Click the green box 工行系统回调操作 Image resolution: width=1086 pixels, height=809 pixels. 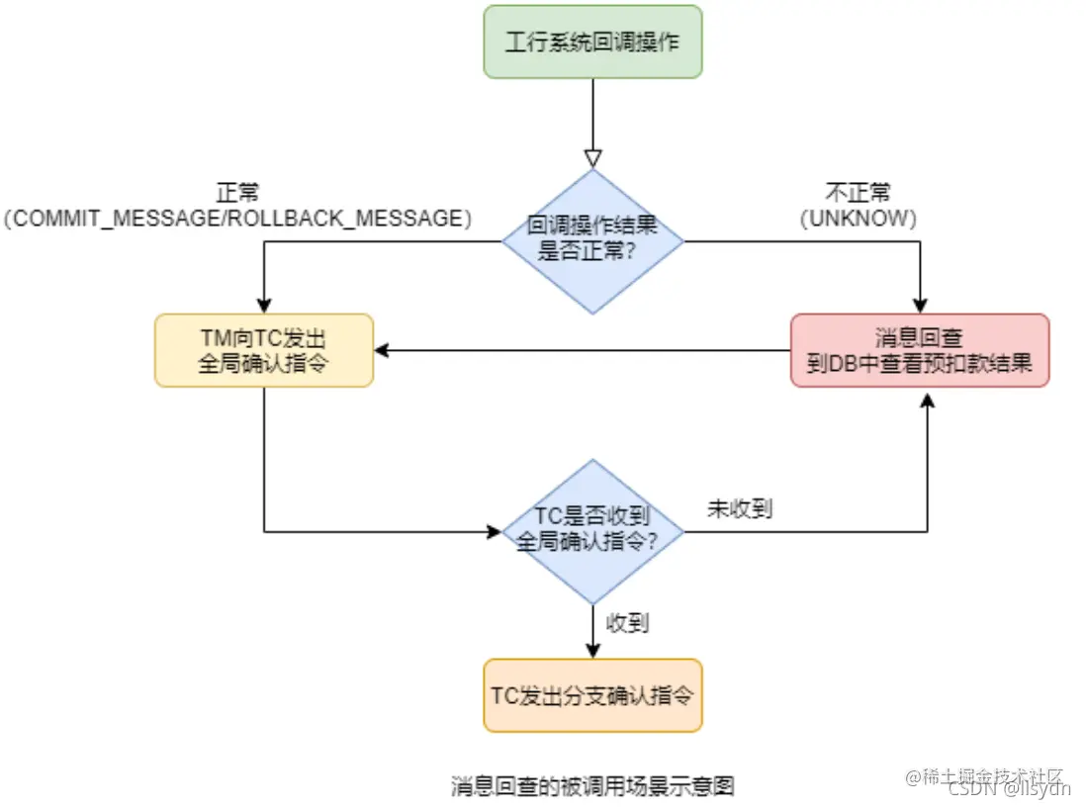[592, 43]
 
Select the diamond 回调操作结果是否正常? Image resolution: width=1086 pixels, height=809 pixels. [592, 240]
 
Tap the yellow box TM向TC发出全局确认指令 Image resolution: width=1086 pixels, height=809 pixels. [264, 350]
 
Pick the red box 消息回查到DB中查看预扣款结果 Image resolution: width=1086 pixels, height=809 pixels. [920, 350]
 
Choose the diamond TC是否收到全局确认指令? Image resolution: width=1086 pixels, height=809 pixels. [592, 531]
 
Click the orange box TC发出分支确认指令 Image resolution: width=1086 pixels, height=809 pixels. [592, 695]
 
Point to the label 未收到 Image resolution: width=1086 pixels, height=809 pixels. [740, 509]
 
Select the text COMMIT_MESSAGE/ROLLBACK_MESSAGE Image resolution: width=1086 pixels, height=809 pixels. [237, 219]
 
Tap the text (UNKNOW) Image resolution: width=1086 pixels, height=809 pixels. [858, 219]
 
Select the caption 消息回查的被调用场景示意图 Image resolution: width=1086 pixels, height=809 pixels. [592, 786]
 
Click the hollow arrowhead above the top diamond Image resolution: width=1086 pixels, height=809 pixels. [592, 158]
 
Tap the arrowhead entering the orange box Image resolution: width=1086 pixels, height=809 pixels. [592, 651]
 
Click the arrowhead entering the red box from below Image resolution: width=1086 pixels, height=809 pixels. [927, 396]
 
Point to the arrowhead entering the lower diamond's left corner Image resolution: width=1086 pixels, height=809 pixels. [495, 531]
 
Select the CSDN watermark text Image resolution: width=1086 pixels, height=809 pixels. [1009, 789]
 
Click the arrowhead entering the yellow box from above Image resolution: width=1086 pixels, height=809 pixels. [264, 306]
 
